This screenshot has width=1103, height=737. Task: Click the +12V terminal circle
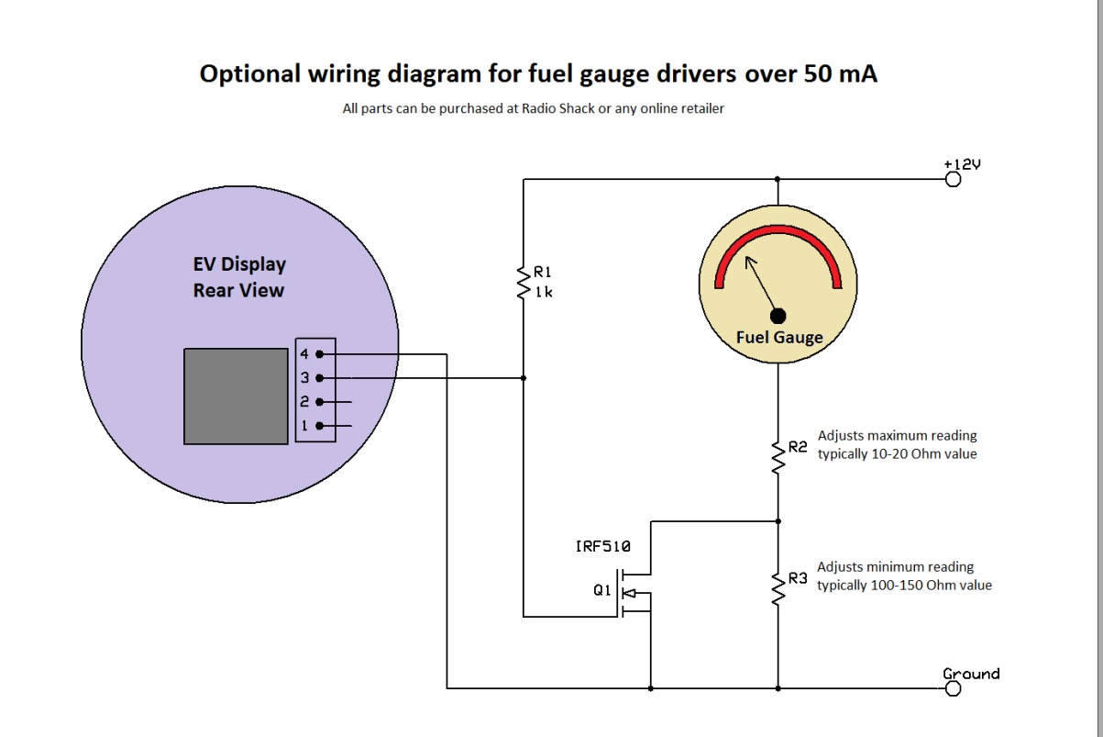(x=953, y=179)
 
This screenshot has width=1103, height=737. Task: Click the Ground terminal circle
(x=953, y=688)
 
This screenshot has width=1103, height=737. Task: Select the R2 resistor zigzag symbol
(x=778, y=454)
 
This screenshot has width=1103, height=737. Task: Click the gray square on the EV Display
(x=236, y=396)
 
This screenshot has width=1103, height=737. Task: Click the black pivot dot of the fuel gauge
(x=778, y=316)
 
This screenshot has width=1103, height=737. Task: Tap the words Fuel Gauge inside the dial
(x=778, y=338)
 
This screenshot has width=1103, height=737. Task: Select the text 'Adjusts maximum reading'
(x=897, y=435)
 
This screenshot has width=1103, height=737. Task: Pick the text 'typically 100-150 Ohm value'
(x=903, y=585)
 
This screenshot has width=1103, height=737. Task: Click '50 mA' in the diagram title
(x=841, y=74)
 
